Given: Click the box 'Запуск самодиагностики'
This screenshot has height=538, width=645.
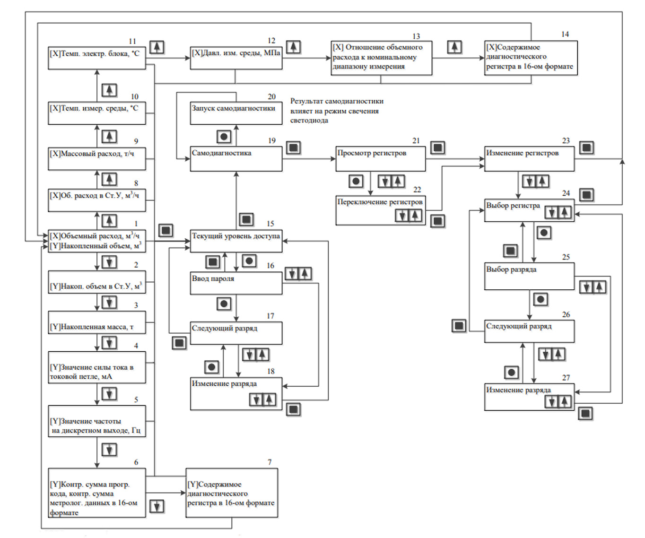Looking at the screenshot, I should [x=236, y=113].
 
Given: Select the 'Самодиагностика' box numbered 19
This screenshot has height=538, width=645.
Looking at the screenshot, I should [x=236, y=158].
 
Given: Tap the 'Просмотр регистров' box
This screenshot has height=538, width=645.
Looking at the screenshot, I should [x=380, y=158].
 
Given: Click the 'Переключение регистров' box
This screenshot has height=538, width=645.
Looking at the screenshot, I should [x=380, y=210].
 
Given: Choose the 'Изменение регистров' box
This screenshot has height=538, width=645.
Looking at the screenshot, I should [x=529, y=158].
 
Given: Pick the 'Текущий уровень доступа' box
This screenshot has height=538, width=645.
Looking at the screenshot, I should [x=236, y=241].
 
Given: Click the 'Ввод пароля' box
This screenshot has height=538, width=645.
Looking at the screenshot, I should [x=236, y=284].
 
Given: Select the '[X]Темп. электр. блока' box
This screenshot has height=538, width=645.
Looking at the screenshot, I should [x=96, y=58].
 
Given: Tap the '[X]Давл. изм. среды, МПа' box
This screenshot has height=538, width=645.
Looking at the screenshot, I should [x=236, y=58].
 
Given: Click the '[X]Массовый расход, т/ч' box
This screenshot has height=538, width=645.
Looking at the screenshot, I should [x=96, y=158].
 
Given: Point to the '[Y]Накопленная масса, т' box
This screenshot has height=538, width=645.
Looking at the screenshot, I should [x=96, y=322].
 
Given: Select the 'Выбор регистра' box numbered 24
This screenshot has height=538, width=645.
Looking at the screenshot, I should [x=529, y=210].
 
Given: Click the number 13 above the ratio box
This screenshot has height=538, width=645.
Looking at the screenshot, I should [x=416, y=36].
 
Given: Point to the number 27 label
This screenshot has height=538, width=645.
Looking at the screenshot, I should [x=566, y=378].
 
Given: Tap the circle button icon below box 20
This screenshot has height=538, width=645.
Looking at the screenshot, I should [x=224, y=137].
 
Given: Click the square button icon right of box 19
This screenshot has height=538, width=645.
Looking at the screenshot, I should [x=293, y=148].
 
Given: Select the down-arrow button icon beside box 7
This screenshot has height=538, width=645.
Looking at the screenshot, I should [x=157, y=507].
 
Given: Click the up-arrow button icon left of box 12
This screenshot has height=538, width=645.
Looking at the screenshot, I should [x=157, y=47].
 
